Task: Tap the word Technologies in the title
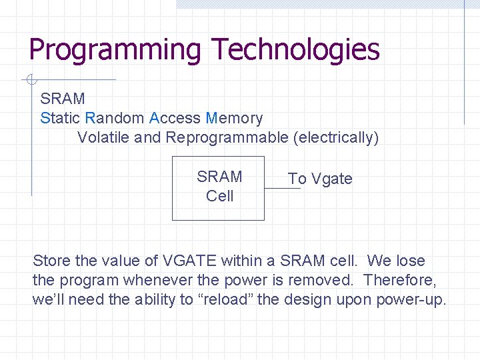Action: tap(295, 49)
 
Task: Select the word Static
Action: tap(60, 119)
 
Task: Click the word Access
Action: tap(175, 119)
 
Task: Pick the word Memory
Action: tap(234, 119)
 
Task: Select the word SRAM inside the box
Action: tap(219, 177)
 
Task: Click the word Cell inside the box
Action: tap(219, 196)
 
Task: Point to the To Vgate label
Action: tap(320, 179)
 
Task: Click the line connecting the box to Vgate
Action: tap(282, 189)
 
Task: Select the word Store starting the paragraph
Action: tap(51, 261)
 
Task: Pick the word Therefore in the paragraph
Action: tap(399, 280)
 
